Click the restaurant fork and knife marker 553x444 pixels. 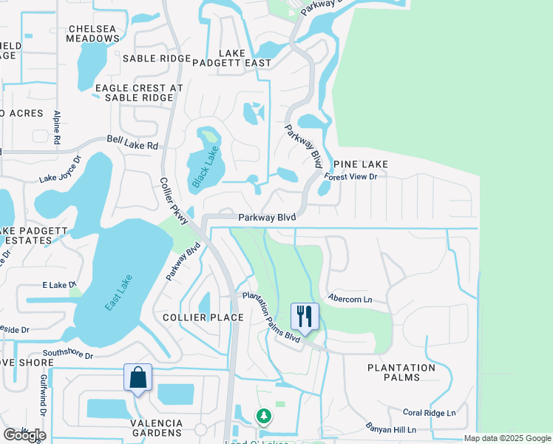click(x=305, y=317)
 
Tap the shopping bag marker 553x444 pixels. click(x=138, y=377)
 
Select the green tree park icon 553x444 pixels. click(x=264, y=417)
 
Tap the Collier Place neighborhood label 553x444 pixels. click(x=203, y=317)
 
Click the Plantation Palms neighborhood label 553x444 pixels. click(x=401, y=372)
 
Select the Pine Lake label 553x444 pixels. click(x=361, y=164)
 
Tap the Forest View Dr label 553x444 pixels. click(x=352, y=178)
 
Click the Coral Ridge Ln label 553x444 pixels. click(x=430, y=413)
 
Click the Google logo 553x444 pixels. click(x=24, y=435)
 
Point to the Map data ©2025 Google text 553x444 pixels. click(x=507, y=438)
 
